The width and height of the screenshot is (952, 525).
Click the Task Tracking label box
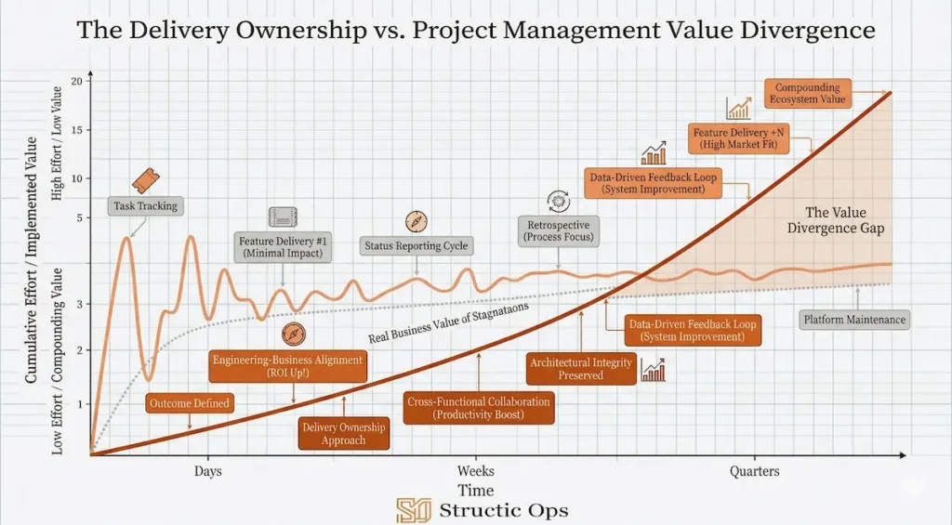click(144, 206)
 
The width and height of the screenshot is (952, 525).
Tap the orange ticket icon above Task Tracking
click(144, 179)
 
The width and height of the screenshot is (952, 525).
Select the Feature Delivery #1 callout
click(280, 247)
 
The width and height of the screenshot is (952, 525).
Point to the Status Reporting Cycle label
click(416, 246)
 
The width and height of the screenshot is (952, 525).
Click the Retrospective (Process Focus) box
click(559, 230)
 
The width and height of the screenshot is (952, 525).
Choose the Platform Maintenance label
click(853, 320)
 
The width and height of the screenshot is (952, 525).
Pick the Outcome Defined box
click(190, 403)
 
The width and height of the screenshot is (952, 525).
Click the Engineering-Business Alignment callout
click(288, 365)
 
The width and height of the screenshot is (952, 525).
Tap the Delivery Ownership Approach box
click(344, 434)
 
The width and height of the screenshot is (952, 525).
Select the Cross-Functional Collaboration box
click(479, 408)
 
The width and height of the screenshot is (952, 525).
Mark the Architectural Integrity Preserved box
click(581, 369)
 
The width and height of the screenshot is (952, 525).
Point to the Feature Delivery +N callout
click(741, 139)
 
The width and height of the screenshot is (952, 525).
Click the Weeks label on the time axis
click(476, 471)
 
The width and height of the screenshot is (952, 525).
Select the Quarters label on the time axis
click(754, 471)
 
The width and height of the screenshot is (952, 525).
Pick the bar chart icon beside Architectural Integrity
click(653, 370)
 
